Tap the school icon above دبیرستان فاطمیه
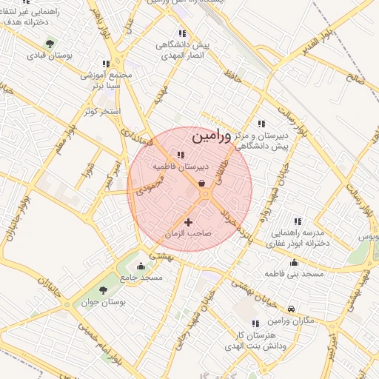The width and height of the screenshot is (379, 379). point(180,155)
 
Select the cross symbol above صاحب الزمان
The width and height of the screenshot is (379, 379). point(188,222)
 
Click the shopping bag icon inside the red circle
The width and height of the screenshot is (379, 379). point(202,184)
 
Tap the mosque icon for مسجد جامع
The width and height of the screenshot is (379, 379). point(141,266)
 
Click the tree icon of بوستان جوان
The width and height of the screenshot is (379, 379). point(102,290)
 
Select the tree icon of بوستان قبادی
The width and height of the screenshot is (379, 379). point(50,43)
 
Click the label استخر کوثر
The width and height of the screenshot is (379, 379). point(101,111)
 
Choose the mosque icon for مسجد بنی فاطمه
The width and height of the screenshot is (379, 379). point(295,262)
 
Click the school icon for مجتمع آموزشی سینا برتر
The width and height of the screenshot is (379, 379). point(105,64)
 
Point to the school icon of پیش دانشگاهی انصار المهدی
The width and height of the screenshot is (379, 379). point(182,33)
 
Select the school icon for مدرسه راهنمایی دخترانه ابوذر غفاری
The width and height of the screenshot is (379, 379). point(298,221)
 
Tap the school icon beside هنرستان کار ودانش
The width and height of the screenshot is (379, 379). point(255,323)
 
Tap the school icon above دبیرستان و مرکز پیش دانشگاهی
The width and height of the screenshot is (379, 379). point(261,124)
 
